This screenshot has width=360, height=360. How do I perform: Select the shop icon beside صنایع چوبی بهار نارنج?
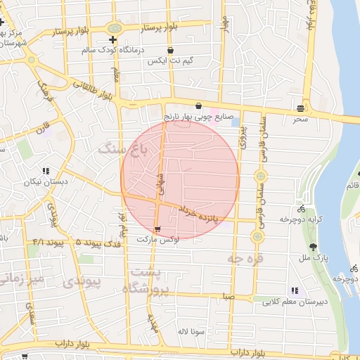tap(199, 105)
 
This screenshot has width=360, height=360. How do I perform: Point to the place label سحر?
tap(301, 120)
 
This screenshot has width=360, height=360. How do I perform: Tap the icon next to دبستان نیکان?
tap(46, 171)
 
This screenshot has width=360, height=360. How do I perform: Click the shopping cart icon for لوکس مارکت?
tap(157, 229)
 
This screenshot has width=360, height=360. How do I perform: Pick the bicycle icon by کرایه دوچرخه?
tap(301, 209)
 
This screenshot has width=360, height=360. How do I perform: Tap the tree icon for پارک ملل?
tap(313, 246)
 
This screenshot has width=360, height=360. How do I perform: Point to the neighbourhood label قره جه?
tap(245, 259)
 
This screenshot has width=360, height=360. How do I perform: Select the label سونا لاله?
tap(191, 330)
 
